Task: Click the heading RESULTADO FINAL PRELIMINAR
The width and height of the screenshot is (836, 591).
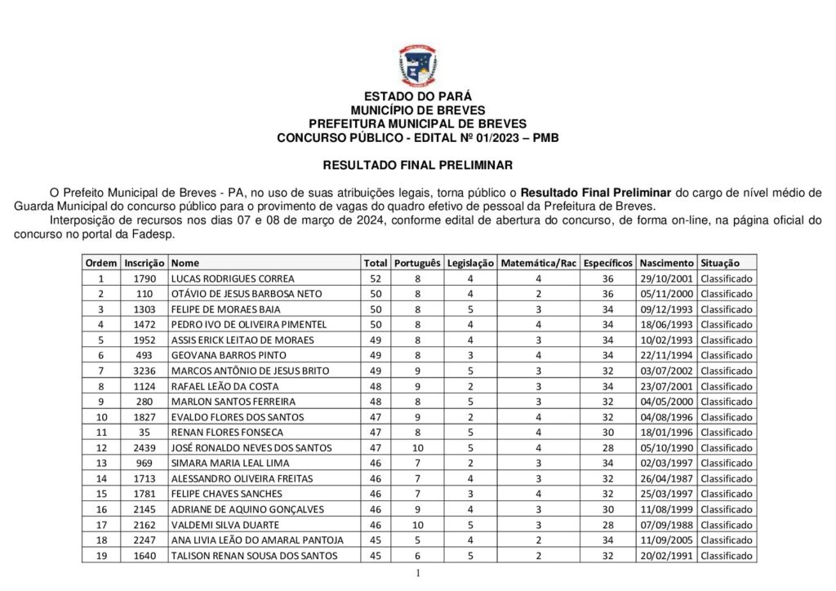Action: point(417,165)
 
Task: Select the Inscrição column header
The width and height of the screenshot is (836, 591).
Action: point(145,263)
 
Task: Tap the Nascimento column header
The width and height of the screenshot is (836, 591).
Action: point(667,263)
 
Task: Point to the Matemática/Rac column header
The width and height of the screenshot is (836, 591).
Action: point(539,263)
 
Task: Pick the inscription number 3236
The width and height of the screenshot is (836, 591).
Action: point(145,371)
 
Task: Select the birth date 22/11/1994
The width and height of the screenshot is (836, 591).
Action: point(667,355)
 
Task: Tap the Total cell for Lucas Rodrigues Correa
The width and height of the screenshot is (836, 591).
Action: point(376,278)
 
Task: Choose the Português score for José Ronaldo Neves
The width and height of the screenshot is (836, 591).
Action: point(417,447)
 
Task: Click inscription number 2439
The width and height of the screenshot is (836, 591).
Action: point(145,447)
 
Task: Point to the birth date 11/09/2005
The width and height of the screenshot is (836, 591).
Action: point(667,540)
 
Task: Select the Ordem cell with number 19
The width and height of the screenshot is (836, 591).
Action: point(101,555)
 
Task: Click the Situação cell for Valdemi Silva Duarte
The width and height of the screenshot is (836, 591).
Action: point(727,524)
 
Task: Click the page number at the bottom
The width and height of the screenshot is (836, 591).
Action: point(417,574)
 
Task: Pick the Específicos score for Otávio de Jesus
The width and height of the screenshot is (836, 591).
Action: point(608,294)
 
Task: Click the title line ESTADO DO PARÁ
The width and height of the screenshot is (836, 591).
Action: point(417,96)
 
